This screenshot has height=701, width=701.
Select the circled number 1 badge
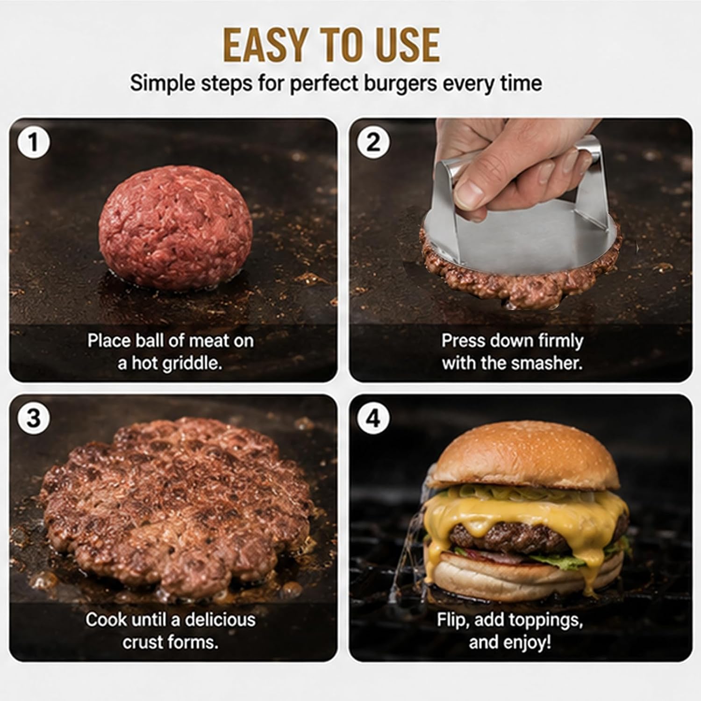point(33,142)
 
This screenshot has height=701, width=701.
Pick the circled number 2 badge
point(372,142)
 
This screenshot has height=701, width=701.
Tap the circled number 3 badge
point(33,418)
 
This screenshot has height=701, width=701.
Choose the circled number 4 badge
point(372,418)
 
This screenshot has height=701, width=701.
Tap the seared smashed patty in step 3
point(175,507)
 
